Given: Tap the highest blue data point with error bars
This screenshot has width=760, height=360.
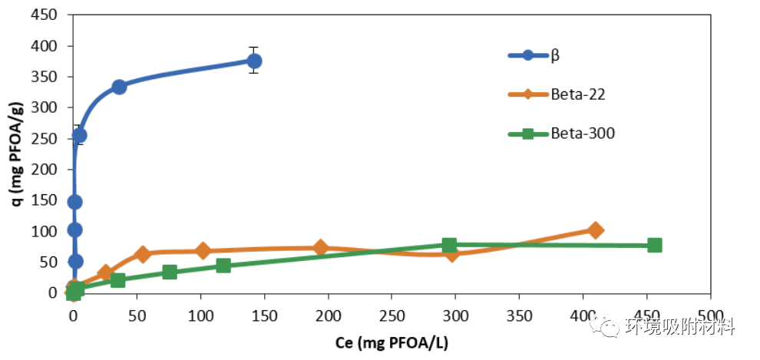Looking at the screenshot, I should click(254, 61).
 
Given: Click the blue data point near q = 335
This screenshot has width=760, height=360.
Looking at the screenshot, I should click(119, 87).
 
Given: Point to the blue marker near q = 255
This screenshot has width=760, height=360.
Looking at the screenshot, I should click(79, 135).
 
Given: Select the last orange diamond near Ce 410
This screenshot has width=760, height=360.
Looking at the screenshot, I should click(595, 230).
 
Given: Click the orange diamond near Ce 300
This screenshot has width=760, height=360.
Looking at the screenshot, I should click(452, 253).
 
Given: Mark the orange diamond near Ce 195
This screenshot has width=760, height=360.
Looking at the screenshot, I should click(321, 247).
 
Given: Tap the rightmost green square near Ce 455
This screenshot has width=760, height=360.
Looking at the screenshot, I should click(655, 245).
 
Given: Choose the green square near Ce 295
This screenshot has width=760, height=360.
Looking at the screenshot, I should click(449, 245).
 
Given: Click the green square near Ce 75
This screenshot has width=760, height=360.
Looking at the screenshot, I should click(170, 272).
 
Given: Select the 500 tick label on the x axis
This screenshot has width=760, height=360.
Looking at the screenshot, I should click(710, 312).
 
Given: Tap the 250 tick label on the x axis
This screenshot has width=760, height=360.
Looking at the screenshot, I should click(392, 312).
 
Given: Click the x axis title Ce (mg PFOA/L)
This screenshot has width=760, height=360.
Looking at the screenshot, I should click(392, 342).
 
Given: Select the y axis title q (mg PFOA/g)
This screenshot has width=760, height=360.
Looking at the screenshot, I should click(15, 154).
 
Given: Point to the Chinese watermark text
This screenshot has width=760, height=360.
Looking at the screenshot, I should click(680, 326).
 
